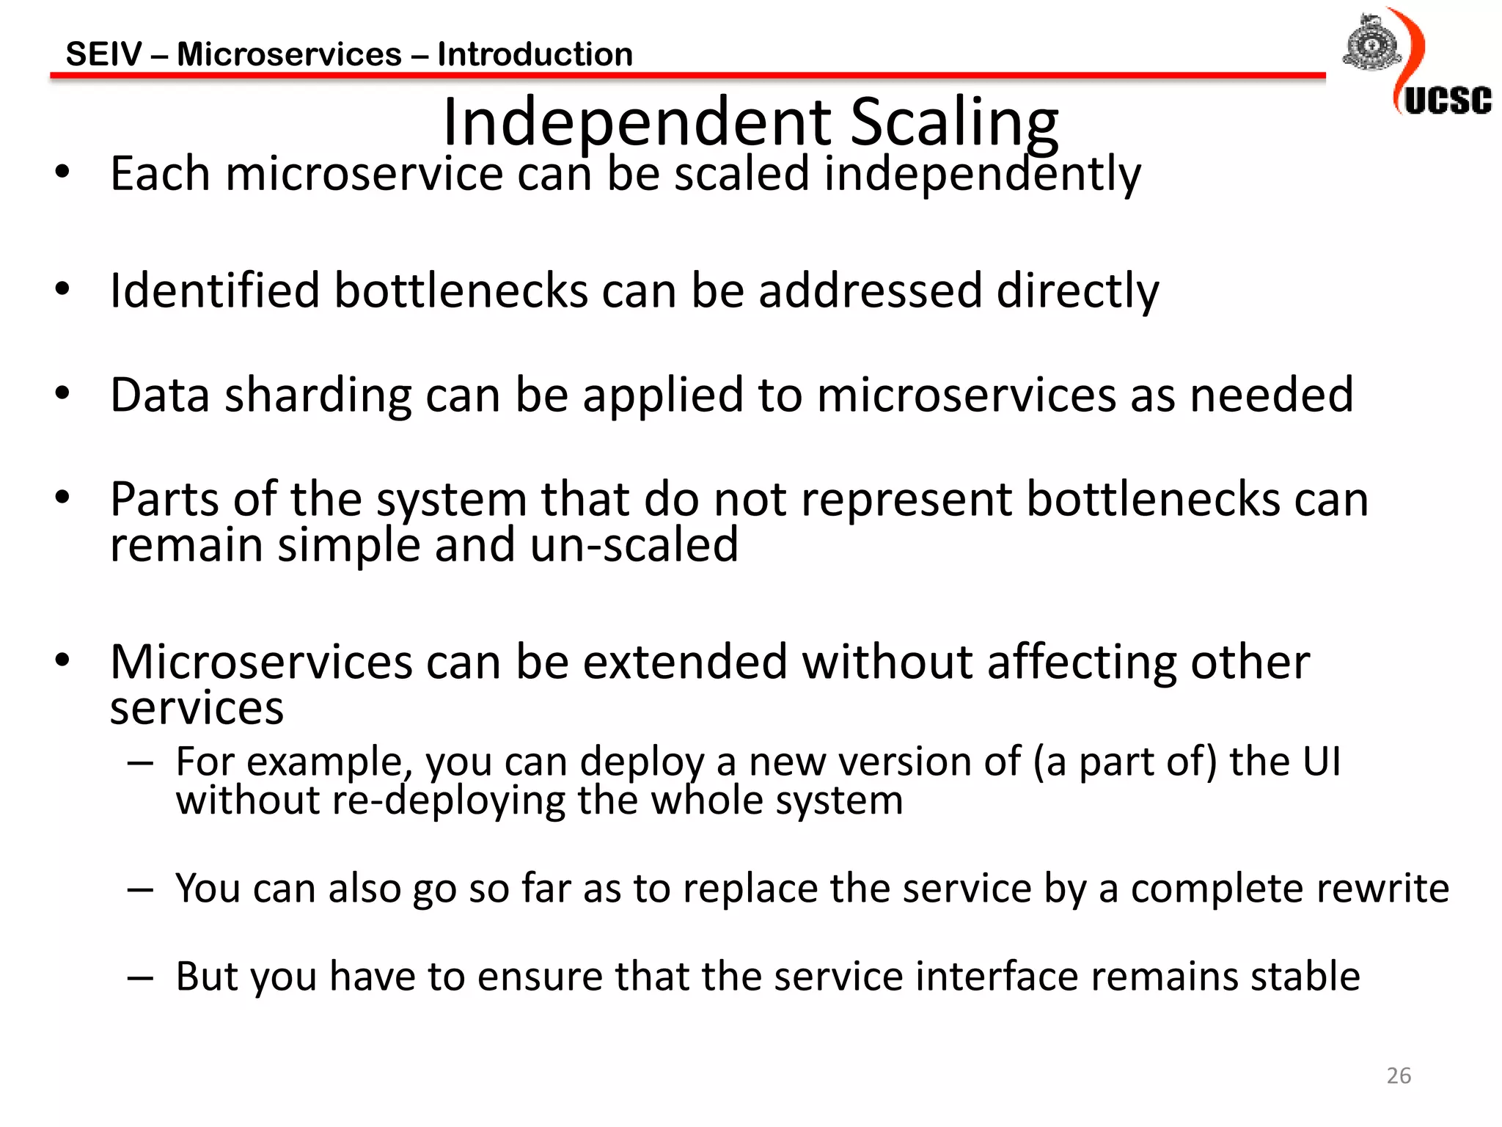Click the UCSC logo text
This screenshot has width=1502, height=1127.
[1448, 101]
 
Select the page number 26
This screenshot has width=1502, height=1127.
[1399, 1076]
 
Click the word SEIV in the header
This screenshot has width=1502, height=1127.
[104, 54]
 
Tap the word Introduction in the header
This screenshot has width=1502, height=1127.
[535, 54]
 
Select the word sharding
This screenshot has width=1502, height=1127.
[318, 395]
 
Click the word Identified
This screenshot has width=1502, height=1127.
[214, 291]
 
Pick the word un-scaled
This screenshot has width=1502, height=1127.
[634, 545]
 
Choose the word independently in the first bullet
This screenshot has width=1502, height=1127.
[982, 175]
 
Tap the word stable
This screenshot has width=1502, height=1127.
[1305, 977]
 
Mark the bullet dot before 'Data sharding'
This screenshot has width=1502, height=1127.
[62, 393]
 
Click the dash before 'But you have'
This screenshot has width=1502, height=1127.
[139, 977]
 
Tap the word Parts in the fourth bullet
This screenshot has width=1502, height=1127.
[164, 500]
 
